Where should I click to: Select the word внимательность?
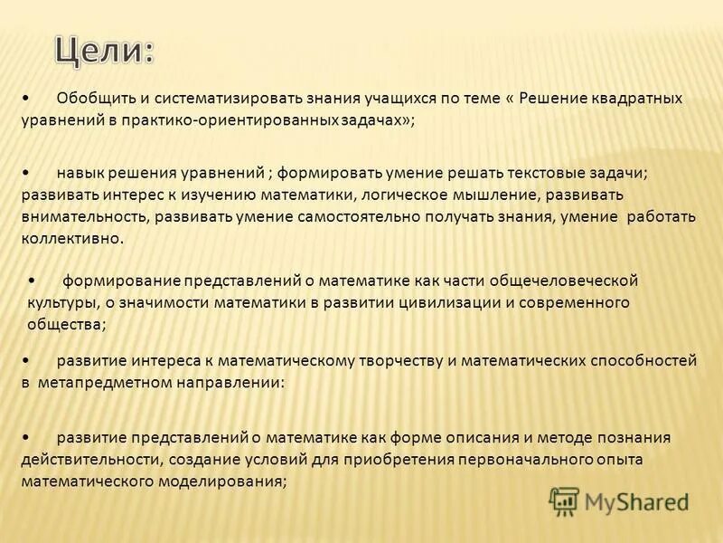[x=85, y=216]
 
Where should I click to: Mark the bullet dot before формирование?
[x=33, y=280]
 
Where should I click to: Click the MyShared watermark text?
[x=636, y=501]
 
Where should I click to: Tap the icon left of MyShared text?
[x=564, y=500]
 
